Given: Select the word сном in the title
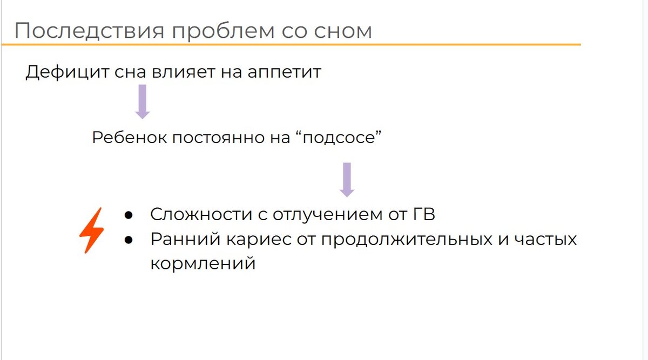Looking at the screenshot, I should pos(346,31).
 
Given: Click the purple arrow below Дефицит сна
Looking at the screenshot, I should pos(142,101).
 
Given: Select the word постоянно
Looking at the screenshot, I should pos(211,137).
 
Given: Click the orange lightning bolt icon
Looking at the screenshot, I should pos(92,230).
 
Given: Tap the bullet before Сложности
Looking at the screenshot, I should pos(129,215).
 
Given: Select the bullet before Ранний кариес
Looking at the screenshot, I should pos(129,239).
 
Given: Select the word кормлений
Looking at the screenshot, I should pos(202,264).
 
